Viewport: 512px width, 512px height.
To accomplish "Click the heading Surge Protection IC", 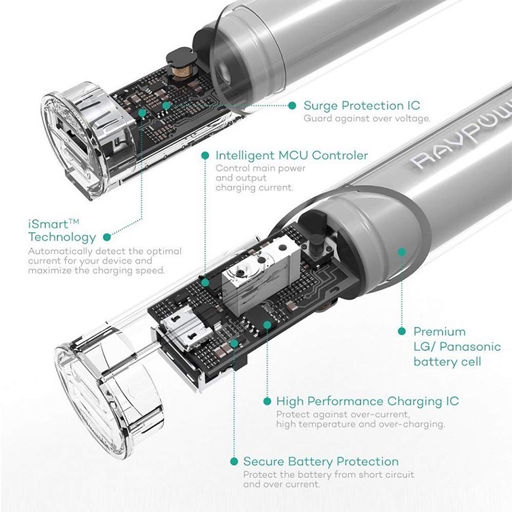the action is [x=362, y=105].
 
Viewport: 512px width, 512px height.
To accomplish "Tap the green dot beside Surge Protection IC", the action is [x=291, y=105].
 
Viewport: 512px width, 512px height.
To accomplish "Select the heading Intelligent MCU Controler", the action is [x=291, y=155].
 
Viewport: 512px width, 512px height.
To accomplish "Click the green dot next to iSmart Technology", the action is [x=107, y=238].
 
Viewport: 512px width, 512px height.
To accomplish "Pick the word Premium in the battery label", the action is [x=440, y=332].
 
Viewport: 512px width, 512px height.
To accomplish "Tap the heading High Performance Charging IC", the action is [x=367, y=401].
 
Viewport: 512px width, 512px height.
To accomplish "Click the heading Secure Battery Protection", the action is [x=321, y=461].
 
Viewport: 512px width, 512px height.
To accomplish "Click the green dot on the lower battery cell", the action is [x=402, y=252].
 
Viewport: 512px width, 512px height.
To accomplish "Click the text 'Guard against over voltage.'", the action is [x=367, y=119].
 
